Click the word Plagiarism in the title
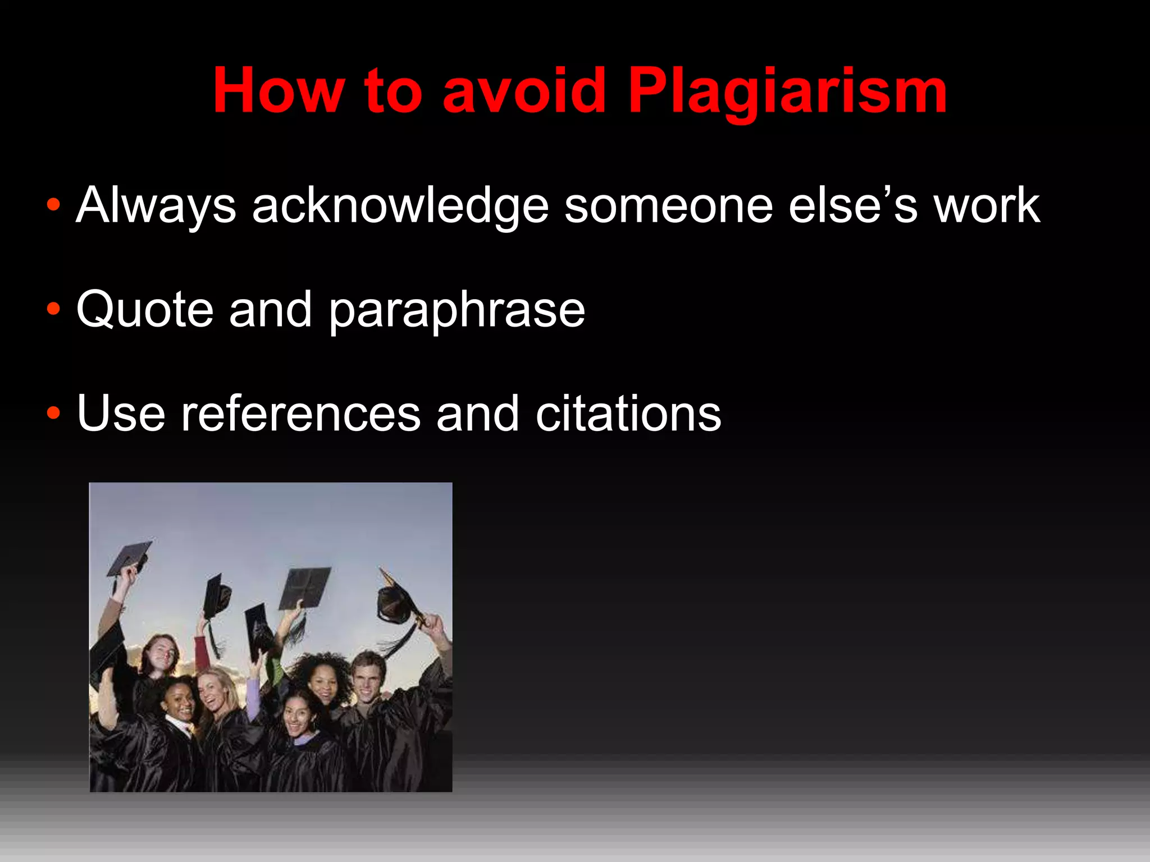point(787,91)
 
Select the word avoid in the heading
point(524,91)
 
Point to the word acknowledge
point(400,207)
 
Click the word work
point(986,207)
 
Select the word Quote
point(145,310)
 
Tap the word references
point(300,414)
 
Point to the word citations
point(628,414)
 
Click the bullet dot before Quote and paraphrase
point(53,310)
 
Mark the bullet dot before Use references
point(53,414)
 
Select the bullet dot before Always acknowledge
point(53,205)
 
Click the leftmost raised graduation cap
point(130,557)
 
